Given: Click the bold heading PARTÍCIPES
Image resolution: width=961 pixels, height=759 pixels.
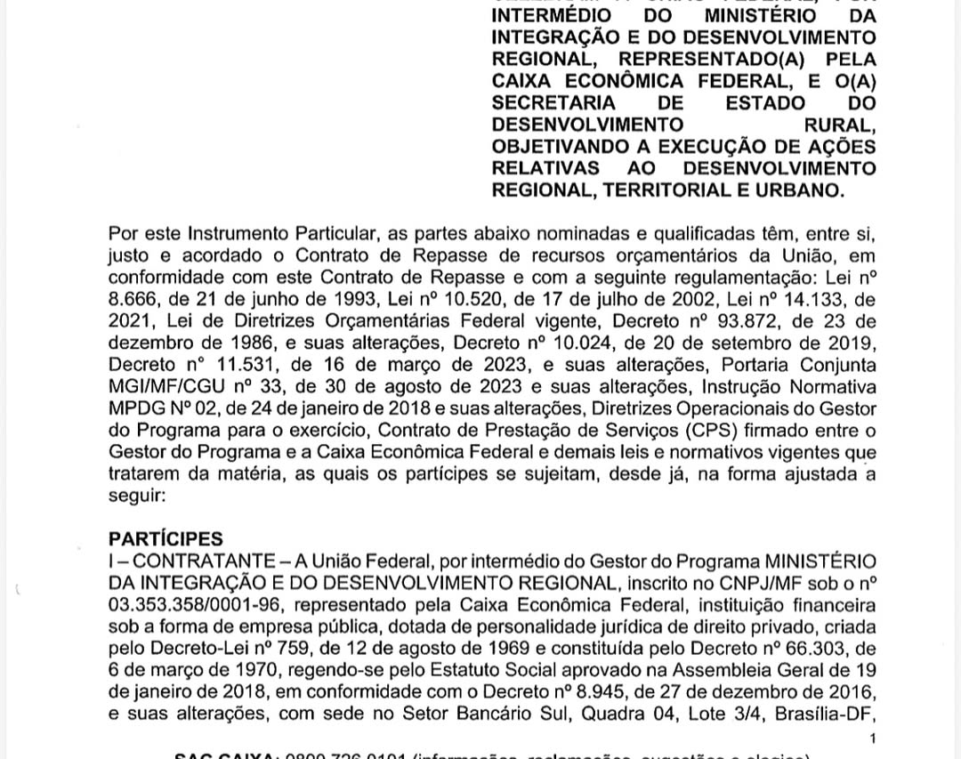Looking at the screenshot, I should coord(166,539).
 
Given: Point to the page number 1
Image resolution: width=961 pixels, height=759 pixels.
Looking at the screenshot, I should coord(872,739).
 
